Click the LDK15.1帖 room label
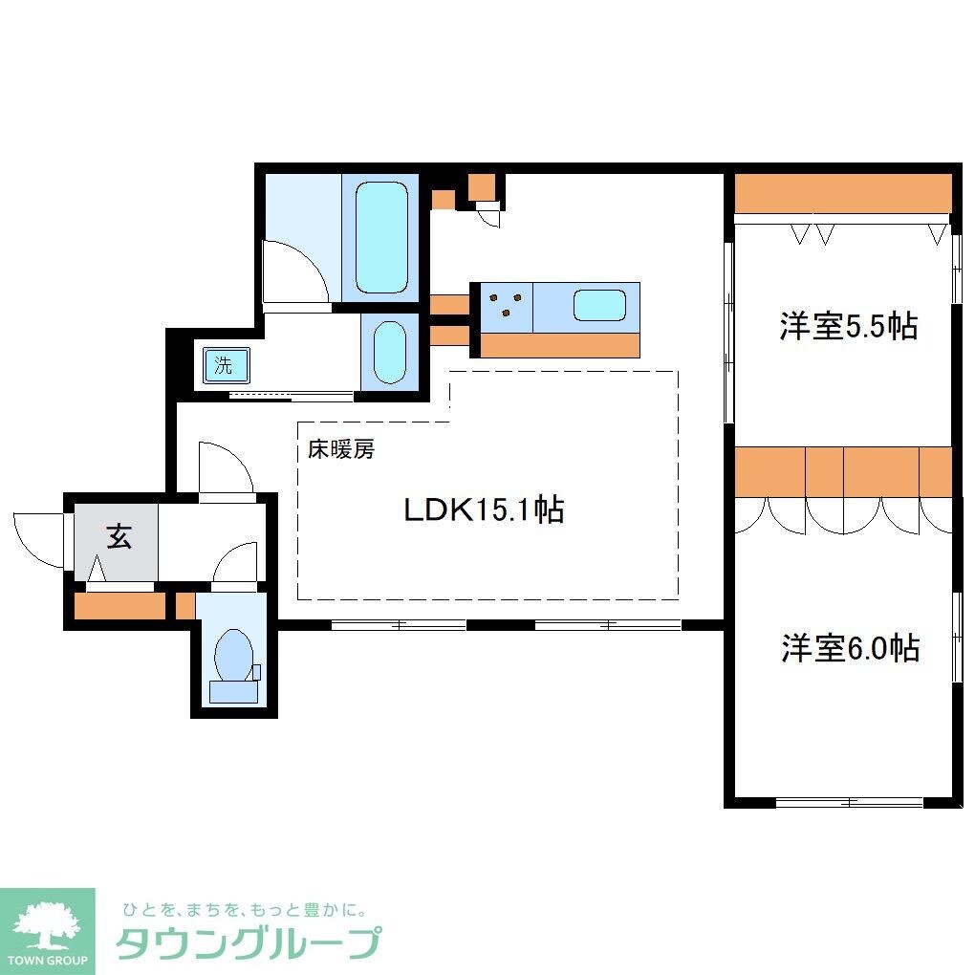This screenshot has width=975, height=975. pyautogui.click(x=483, y=509)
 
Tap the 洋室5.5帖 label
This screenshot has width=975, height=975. pyautogui.click(x=848, y=327)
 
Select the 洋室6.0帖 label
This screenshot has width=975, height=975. pyautogui.click(x=850, y=648)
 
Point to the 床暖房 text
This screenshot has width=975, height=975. pyautogui.click(x=340, y=449)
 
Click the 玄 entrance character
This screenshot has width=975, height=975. pyautogui.click(x=118, y=538)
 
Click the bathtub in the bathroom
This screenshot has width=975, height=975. pyautogui.click(x=381, y=237)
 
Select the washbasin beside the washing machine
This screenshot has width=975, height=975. pyautogui.click(x=389, y=351)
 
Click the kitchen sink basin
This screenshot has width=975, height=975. pyautogui.click(x=598, y=307)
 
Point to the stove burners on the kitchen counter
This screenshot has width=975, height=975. pyautogui.click(x=506, y=305)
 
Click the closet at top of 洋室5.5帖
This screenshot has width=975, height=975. pyautogui.click(x=842, y=193)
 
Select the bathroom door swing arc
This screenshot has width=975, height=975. pyautogui.click(x=296, y=270)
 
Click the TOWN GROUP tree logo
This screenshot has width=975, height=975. pyautogui.click(x=47, y=928)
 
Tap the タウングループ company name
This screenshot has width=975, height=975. pyautogui.click(x=249, y=943)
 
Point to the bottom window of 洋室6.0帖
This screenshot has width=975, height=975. pyautogui.click(x=848, y=802)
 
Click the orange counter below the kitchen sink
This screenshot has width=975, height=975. pyautogui.click(x=559, y=344)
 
